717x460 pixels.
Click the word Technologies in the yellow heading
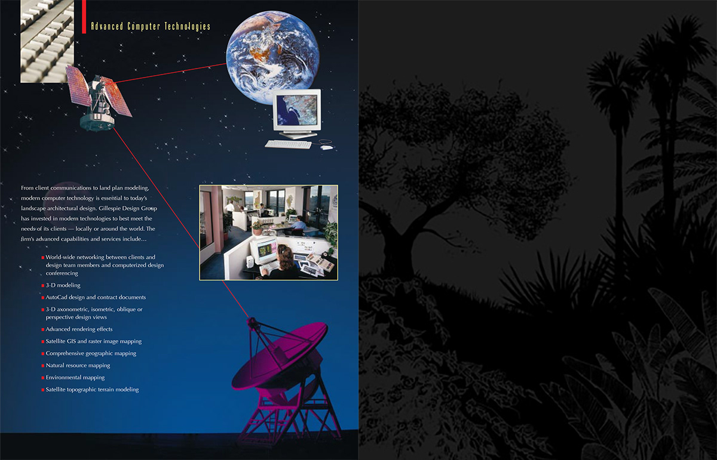pos(187,26)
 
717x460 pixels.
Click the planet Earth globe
pos(272,57)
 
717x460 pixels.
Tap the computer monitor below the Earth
pos(296,113)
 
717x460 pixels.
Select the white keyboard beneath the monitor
pos(288,144)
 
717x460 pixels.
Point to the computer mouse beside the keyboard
pos(327,147)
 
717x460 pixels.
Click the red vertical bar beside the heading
pos(84,17)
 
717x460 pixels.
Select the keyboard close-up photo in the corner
pos(47,41)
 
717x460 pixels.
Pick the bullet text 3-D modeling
pos(63,285)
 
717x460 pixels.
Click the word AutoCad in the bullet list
pos(56,297)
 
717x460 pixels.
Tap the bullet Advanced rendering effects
pos(79,329)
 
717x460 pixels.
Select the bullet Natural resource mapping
pos(78,365)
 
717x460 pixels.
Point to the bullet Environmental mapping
pos(75,378)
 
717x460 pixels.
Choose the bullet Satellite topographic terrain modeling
pos(92,390)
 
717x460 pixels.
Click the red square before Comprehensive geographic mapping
pos(43,354)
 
